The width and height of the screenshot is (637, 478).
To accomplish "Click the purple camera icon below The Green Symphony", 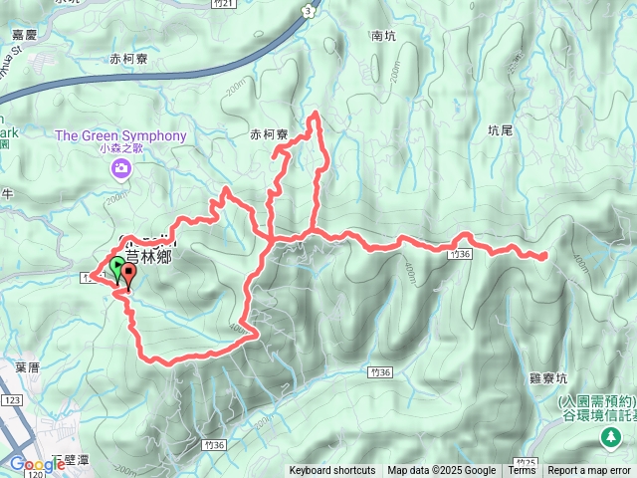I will (x=120, y=169).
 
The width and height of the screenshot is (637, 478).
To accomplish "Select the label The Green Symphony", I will (x=120, y=135).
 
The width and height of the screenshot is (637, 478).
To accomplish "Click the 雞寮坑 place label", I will (x=548, y=379).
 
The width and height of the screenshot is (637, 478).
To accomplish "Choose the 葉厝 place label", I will (x=27, y=366).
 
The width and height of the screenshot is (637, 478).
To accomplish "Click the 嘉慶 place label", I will (x=24, y=34).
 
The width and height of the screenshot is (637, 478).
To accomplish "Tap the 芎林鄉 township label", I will (x=150, y=256).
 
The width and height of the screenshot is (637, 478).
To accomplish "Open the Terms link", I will (x=522, y=471).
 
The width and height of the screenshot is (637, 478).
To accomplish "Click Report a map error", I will (x=589, y=471).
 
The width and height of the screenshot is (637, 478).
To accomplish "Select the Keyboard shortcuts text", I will (x=332, y=471).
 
